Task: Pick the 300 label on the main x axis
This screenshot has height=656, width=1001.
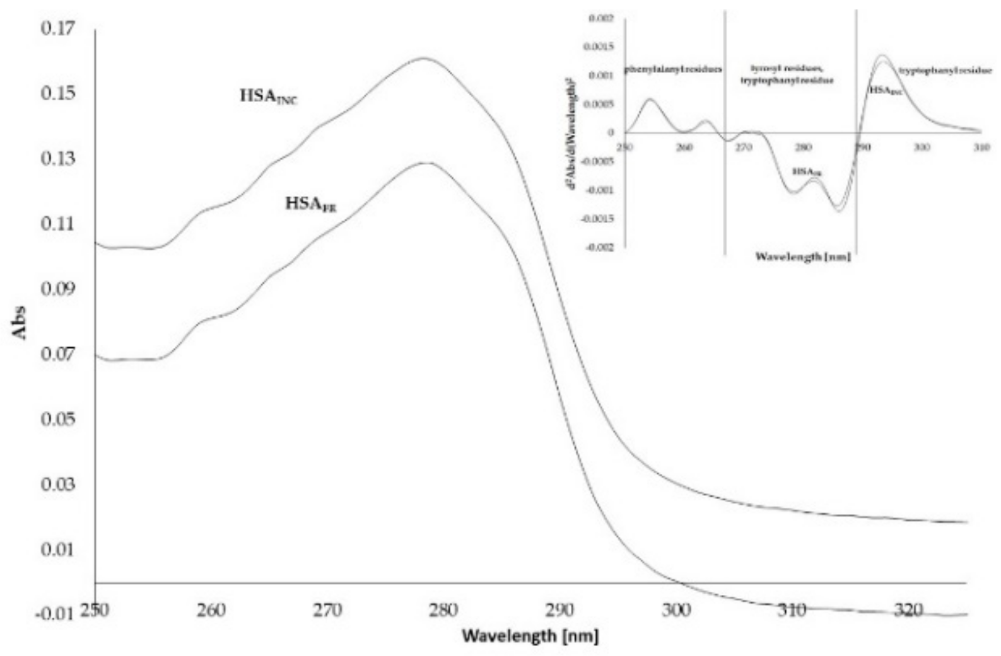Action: point(677,610)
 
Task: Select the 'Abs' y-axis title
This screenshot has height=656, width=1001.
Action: point(21,322)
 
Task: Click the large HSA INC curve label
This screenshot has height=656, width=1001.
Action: point(269,97)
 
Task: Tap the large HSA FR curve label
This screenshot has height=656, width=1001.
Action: point(311,204)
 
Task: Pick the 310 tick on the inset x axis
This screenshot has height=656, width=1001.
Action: point(980,147)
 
